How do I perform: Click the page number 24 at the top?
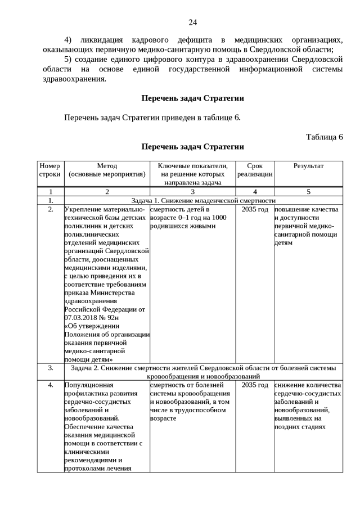(192, 22)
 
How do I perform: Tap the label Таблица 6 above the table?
(324, 137)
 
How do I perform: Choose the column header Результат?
(308, 166)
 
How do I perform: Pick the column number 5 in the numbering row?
(308, 192)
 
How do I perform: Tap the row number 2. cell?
(50, 209)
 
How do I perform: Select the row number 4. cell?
(50, 385)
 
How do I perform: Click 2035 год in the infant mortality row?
(254, 209)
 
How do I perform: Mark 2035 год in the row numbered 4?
(254, 385)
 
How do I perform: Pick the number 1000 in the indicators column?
(218, 218)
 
